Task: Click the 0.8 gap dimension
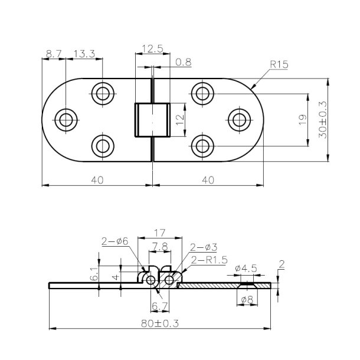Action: [183, 61]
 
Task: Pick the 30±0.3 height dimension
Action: [322, 120]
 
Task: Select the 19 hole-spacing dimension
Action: [302, 120]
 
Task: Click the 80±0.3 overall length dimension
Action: [159, 323]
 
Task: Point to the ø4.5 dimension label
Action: [246, 269]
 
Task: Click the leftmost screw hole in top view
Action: [66, 119]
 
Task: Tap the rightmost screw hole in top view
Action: [239, 119]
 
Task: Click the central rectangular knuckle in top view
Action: [153, 119]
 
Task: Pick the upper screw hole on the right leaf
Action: [202, 93]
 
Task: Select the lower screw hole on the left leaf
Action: [103, 145]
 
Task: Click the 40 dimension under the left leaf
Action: [97, 180]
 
